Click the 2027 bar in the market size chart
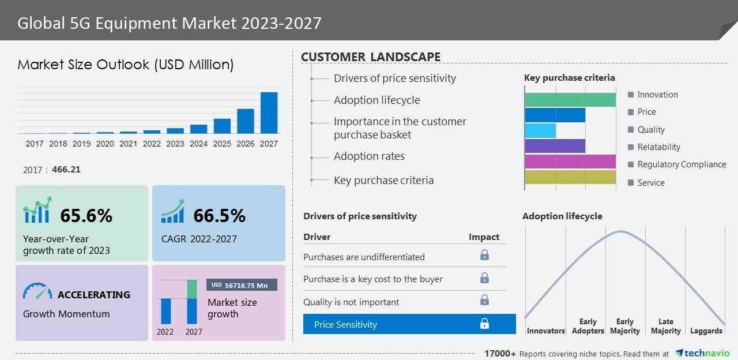269,112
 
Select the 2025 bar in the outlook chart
222,126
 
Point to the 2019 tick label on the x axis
81,144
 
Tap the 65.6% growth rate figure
86,216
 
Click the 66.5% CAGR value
219,216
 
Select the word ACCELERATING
93,295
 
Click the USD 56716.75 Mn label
242,285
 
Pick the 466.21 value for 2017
66,170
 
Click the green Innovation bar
570,99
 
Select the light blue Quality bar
540,130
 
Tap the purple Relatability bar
555,146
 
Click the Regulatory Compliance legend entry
681,164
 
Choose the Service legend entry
651,183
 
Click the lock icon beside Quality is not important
484,300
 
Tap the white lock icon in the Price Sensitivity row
484,324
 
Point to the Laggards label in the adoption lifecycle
706,331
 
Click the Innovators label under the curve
545,331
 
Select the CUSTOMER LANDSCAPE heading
371,57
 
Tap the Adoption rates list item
369,156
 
